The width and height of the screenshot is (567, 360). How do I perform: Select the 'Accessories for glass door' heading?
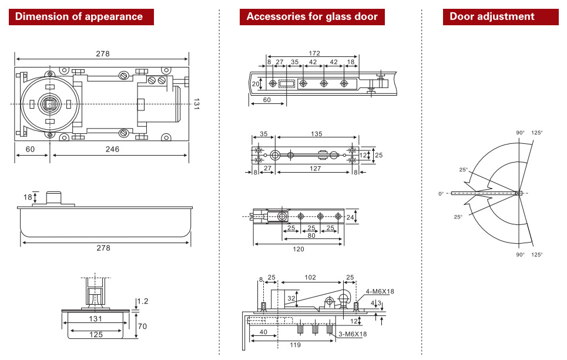(x=312, y=16)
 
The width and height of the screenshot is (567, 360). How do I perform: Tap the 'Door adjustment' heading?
(x=492, y=16)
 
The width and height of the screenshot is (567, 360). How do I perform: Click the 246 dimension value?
(x=112, y=149)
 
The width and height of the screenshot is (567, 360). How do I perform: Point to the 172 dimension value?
(x=315, y=53)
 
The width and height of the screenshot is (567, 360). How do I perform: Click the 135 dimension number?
(x=316, y=134)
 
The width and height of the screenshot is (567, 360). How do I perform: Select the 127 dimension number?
(x=316, y=169)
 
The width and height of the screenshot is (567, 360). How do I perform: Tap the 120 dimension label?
(x=298, y=248)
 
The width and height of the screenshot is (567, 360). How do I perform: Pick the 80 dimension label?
(x=311, y=235)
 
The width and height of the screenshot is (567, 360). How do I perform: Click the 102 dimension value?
(x=310, y=277)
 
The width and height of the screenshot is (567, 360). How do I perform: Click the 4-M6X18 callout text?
(x=380, y=291)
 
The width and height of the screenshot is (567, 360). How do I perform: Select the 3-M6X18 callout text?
(x=353, y=334)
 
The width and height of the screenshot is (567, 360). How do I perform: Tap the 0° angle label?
(x=441, y=194)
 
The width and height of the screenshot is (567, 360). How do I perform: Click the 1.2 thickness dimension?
(x=143, y=301)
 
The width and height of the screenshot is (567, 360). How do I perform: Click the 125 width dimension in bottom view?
(x=96, y=334)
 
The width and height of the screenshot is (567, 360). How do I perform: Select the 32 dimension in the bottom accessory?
(x=291, y=298)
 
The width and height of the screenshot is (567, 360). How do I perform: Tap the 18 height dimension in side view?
(x=28, y=197)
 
